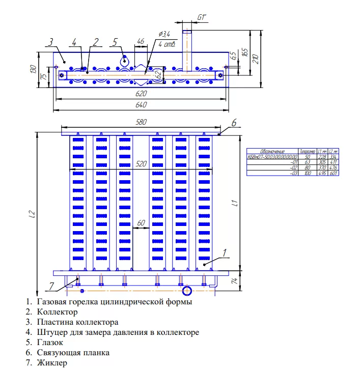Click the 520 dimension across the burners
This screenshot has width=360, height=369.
coord(141,164)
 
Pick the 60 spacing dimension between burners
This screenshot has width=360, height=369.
coord(141,223)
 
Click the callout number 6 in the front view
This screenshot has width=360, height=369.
coord(234,123)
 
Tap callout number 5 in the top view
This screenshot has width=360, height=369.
coord(115,41)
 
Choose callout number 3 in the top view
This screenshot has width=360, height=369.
coord(51,42)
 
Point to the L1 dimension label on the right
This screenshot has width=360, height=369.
coord(235,204)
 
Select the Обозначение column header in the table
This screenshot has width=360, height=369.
coord(272,151)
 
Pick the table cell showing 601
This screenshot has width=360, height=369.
coord(333,173)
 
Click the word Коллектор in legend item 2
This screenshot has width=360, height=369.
coord(57,311)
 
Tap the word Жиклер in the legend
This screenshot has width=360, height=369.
coord(52,362)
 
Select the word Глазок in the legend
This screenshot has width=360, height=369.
coord(51,342)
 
